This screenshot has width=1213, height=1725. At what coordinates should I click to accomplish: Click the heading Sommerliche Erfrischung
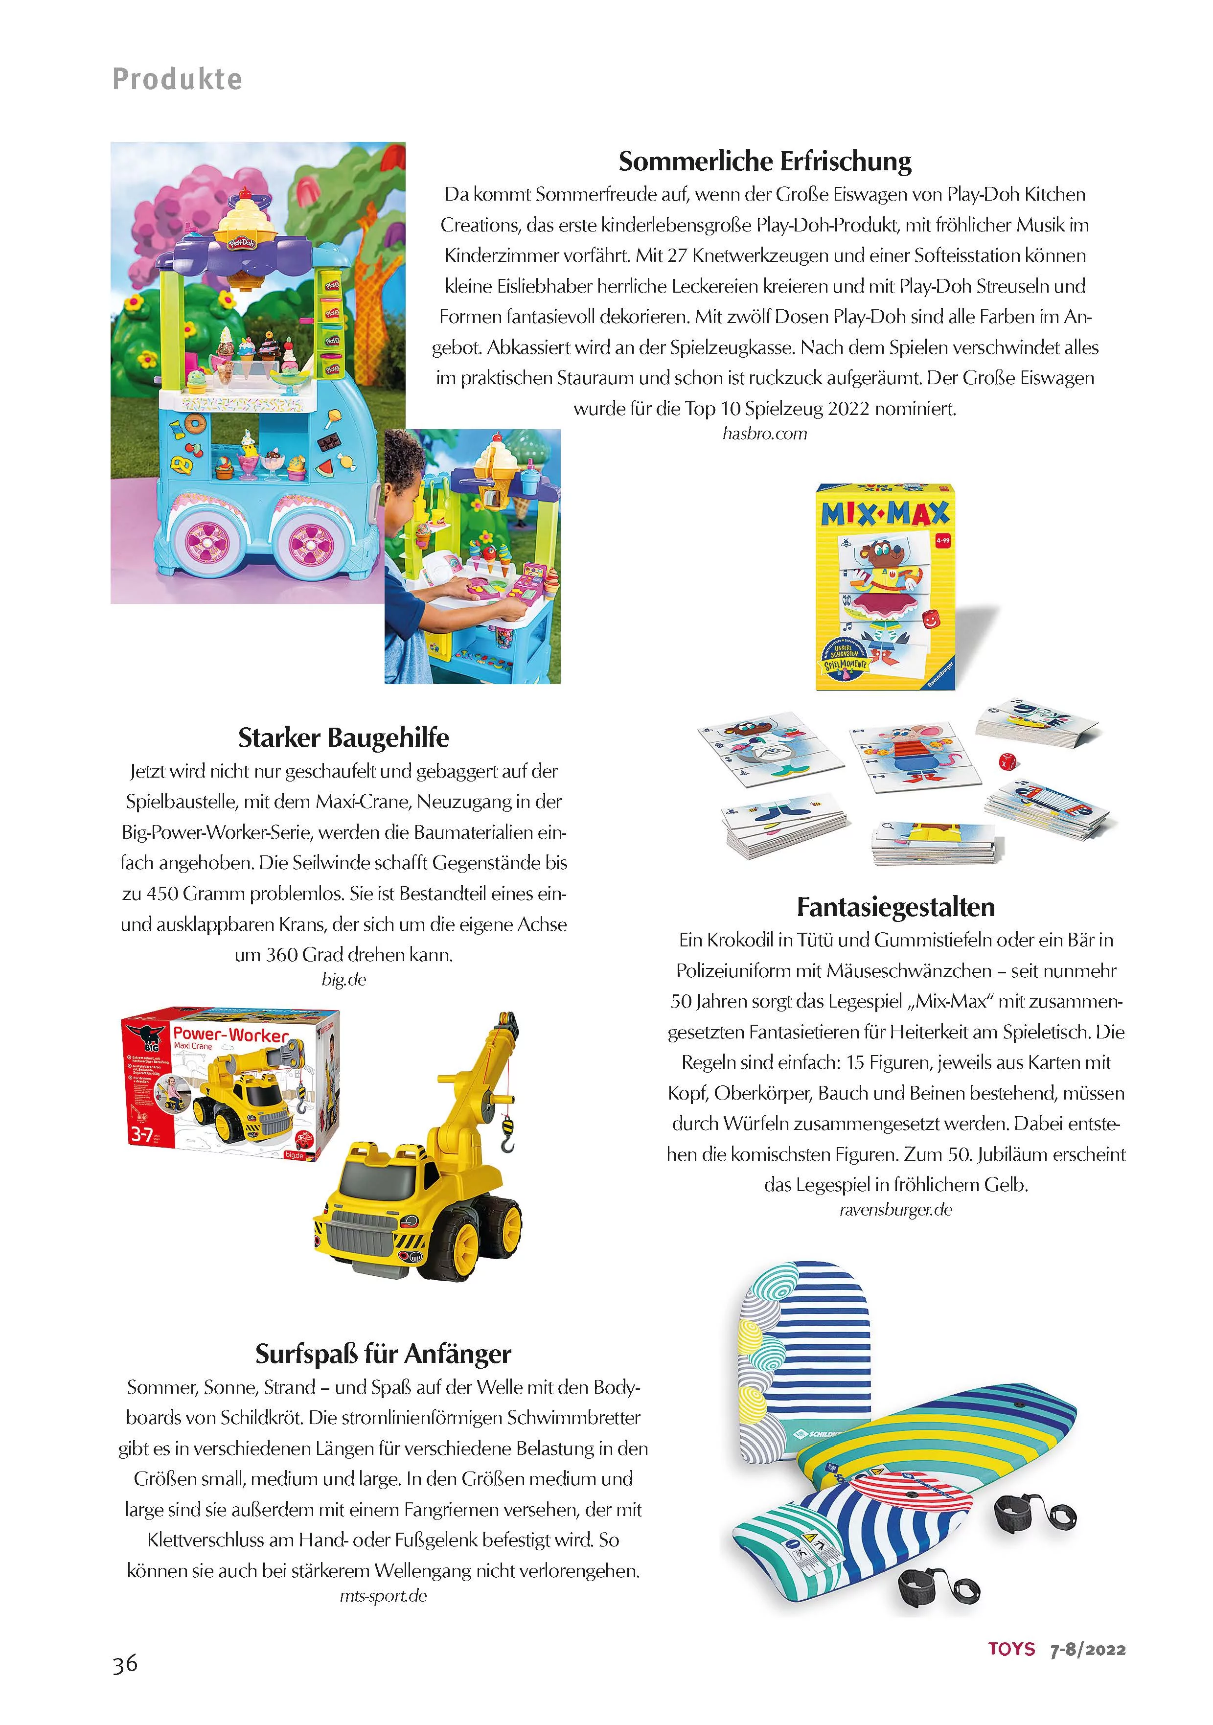(765, 161)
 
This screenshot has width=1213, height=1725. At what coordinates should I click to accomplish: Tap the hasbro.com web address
(765, 434)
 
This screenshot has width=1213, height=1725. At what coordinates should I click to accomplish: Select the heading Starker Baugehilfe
(343, 738)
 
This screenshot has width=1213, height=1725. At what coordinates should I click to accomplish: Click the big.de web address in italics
(343, 980)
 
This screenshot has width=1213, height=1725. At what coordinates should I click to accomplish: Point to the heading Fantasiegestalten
(895, 908)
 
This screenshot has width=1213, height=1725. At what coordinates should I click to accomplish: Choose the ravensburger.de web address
(895, 1210)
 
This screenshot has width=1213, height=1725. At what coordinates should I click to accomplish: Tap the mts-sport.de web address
(383, 1596)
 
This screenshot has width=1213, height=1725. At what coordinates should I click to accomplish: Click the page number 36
(125, 1663)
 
